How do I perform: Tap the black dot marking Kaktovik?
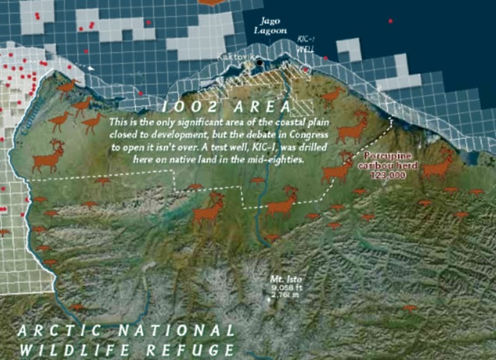click(x=260, y=62)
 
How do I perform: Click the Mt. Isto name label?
click(x=285, y=278)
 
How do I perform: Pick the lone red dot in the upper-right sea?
click(x=390, y=21)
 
